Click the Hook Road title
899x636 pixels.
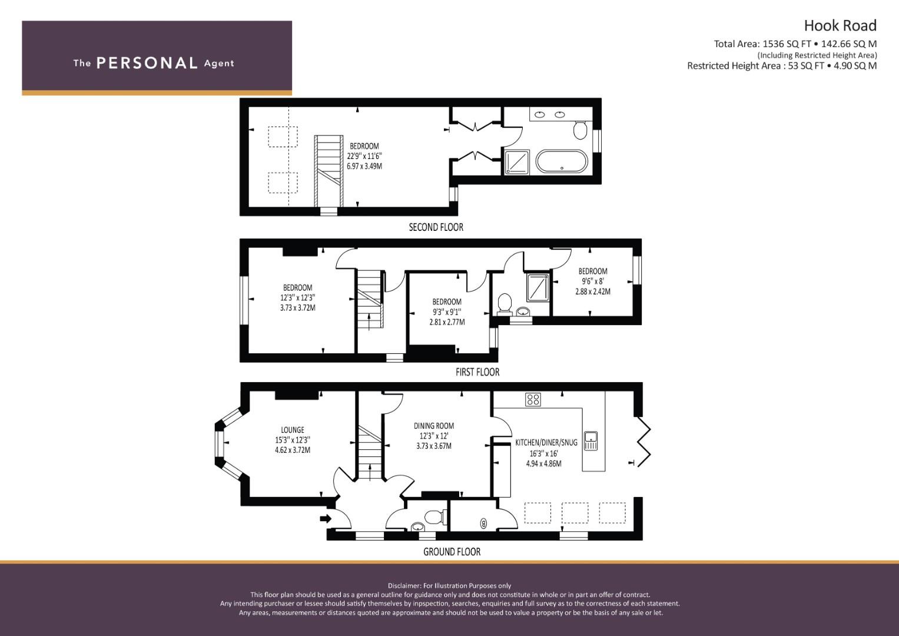click(840, 25)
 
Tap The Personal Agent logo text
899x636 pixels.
click(154, 63)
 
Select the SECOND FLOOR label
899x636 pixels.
click(436, 227)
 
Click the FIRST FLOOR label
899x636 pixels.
click(477, 372)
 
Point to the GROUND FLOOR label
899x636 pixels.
click(452, 552)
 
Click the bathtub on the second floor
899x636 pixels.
click(561, 161)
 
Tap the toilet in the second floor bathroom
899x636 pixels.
click(580, 130)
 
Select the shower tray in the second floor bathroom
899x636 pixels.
click(517, 162)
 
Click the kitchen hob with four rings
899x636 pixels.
click(533, 400)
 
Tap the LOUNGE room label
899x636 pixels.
click(293, 430)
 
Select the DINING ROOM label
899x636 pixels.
click(434, 426)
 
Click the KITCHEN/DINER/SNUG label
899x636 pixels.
click(546, 442)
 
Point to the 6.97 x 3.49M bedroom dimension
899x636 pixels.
click(364, 167)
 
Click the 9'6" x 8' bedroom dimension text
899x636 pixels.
click(592, 281)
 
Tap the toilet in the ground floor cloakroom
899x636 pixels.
click(434, 517)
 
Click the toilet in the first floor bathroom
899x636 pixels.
click(504, 303)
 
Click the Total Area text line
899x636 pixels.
click(795, 44)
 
